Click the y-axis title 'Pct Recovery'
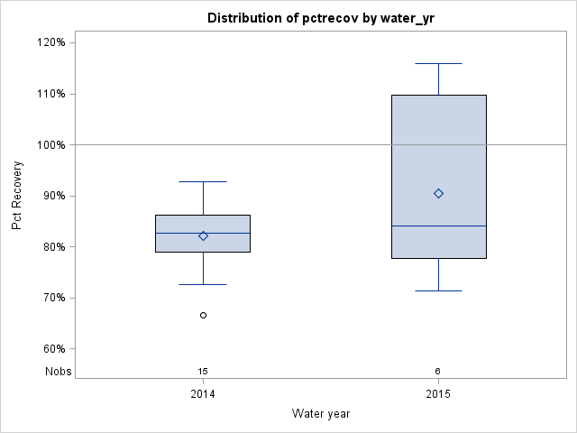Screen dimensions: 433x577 pos(17,196)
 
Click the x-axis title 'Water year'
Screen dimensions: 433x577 pos(321,413)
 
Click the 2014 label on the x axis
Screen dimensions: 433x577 pos(203,394)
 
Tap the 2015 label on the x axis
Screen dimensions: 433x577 pos(438,394)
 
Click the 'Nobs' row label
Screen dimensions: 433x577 pos(59,371)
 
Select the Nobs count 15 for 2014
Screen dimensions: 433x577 pos(203,371)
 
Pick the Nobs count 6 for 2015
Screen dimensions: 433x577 pos(438,371)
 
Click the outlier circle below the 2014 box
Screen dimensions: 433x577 pos(203,315)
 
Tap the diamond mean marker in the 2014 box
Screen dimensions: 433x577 pos(203,235)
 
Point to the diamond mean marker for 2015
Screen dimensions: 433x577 pos(438,193)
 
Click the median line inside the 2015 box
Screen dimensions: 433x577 pos(438,226)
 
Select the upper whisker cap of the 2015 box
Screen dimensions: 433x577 pos(438,64)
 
